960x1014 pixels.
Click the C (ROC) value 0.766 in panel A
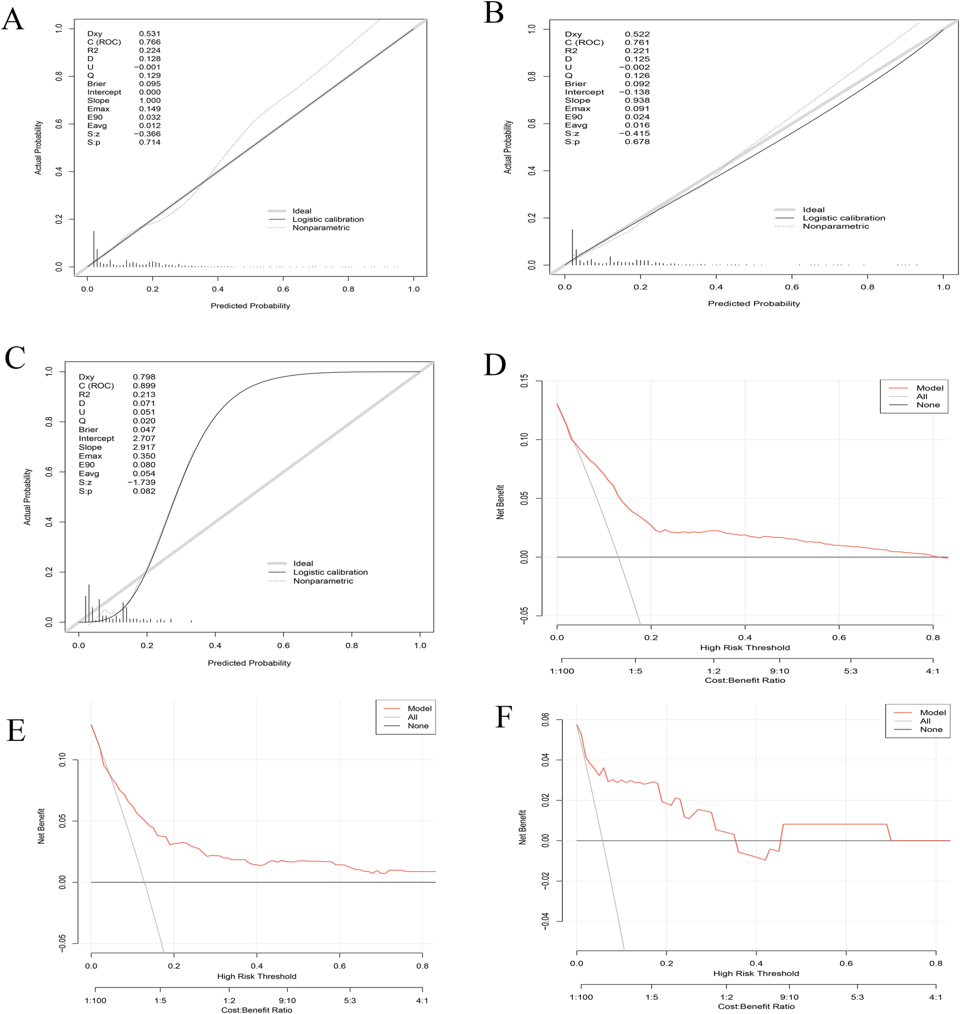click(x=150, y=42)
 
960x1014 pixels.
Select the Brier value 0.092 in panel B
click(x=637, y=83)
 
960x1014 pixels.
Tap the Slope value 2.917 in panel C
click(x=144, y=447)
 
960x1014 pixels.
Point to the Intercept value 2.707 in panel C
click(x=144, y=438)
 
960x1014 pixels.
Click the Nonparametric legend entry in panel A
click(x=321, y=228)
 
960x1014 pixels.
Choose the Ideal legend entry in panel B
click(x=813, y=210)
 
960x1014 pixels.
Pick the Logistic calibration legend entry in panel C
click(x=330, y=572)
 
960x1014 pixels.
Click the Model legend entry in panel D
click(x=930, y=388)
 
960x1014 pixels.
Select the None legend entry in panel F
click(x=931, y=729)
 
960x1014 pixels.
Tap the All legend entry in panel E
click(x=412, y=717)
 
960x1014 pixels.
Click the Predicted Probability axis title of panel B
click(x=754, y=303)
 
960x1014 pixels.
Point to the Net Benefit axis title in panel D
click(x=500, y=502)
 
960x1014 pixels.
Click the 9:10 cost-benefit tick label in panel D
click(x=779, y=671)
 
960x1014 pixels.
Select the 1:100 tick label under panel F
click(x=581, y=997)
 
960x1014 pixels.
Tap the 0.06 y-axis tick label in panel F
click(x=546, y=720)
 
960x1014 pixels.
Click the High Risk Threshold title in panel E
click(x=256, y=976)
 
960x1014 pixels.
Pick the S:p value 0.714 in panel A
click(x=150, y=142)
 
